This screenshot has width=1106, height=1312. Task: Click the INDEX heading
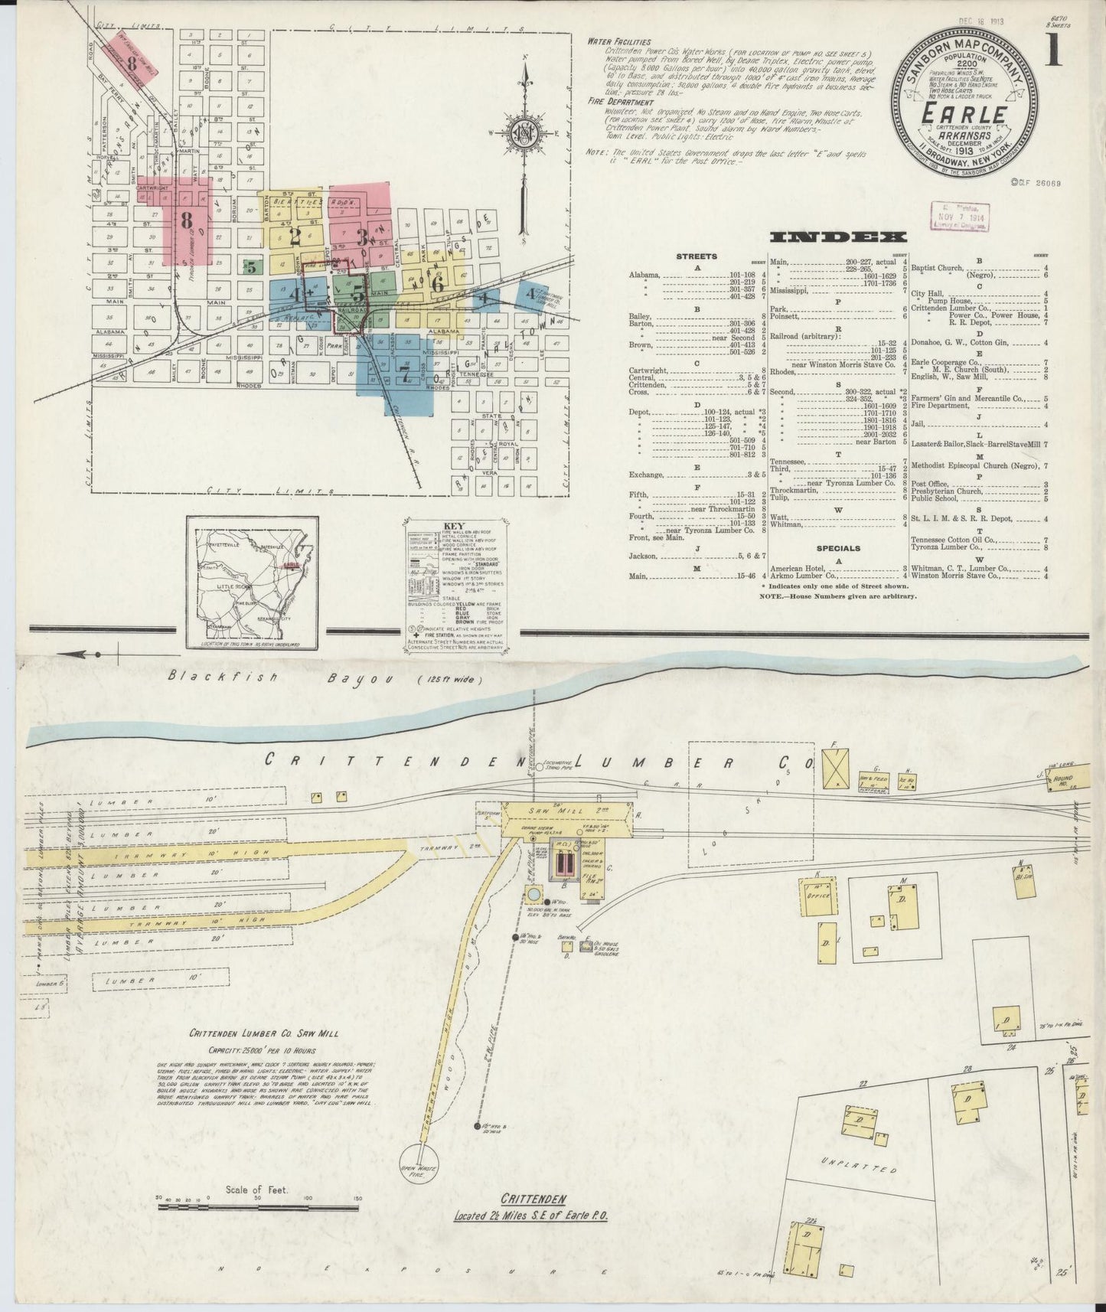pos(838,237)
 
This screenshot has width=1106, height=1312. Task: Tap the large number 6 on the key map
pos(438,282)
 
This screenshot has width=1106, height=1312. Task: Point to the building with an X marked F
pos(835,769)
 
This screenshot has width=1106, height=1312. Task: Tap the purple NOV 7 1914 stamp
pos(959,217)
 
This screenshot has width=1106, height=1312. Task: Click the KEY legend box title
pos(455,526)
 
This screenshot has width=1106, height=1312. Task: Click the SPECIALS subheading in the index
pos(837,548)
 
